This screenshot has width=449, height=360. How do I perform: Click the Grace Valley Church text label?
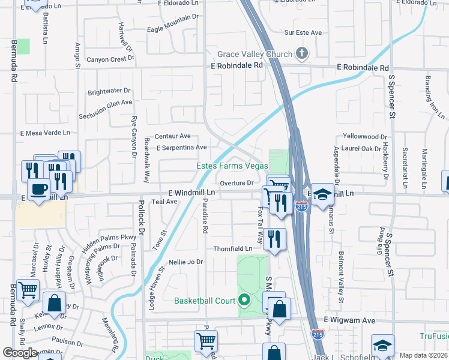tap(255, 55)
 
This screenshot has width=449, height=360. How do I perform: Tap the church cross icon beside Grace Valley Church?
tap(301, 55)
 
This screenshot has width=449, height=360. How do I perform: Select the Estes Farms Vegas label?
tap(233, 166)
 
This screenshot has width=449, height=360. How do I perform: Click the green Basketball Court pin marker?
tap(244, 300)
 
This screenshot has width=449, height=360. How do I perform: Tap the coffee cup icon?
tap(39, 190)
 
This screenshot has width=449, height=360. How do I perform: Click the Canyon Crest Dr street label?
tap(110, 59)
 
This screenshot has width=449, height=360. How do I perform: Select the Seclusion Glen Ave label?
tap(109, 103)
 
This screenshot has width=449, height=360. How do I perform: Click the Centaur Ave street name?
tap(172, 136)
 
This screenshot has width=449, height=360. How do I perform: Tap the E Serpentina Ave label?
tap(181, 147)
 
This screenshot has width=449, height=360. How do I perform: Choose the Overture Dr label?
tap(237, 183)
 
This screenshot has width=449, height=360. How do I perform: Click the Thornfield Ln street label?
tap(232, 248)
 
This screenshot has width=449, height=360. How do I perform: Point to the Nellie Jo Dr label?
tap(186, 262)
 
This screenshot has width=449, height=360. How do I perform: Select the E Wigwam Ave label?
tap(350, 321)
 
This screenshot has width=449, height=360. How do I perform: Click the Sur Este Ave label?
tap(303, 32)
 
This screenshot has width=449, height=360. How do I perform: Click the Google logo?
tap(20, 353)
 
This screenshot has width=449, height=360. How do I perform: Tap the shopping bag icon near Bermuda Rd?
tap(54, 304)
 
